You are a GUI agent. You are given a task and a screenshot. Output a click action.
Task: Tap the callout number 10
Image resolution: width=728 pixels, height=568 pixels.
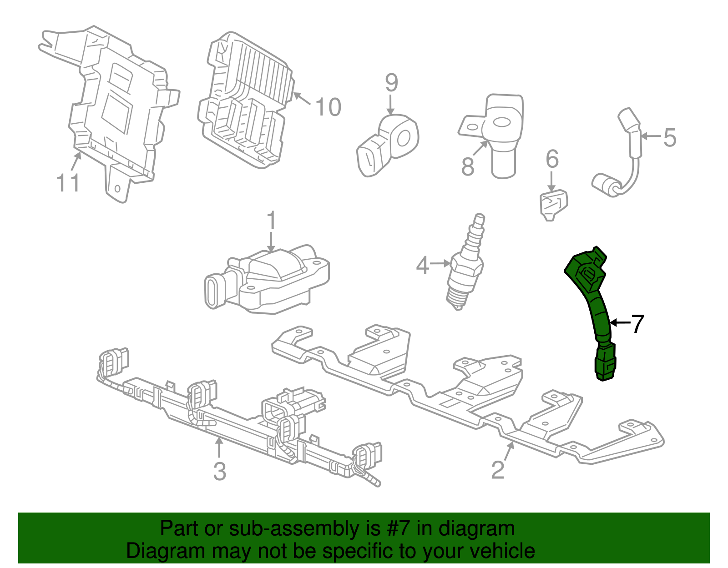click(328, 107)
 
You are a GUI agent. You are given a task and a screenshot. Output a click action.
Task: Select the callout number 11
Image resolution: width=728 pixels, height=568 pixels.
click(68, 183)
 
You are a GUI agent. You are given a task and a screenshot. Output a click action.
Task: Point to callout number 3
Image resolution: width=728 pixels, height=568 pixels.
click(220, 471)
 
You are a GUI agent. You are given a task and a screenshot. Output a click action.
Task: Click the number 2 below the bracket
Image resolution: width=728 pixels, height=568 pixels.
click(498, 470)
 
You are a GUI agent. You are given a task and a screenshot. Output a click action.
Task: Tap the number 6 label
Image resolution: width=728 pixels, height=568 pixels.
click(552, 159)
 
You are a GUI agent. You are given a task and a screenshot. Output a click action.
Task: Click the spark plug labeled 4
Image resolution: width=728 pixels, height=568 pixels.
click(466, 268)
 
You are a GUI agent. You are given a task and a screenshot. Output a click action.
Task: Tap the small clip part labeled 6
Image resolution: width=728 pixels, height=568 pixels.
click(553, 205)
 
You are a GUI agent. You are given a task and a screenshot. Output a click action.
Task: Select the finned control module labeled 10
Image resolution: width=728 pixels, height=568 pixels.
click(246, 100)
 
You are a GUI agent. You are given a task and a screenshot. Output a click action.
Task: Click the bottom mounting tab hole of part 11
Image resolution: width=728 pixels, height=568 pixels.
click(117, 188)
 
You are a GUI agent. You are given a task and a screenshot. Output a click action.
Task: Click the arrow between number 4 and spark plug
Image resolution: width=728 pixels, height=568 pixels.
click(440, 263)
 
